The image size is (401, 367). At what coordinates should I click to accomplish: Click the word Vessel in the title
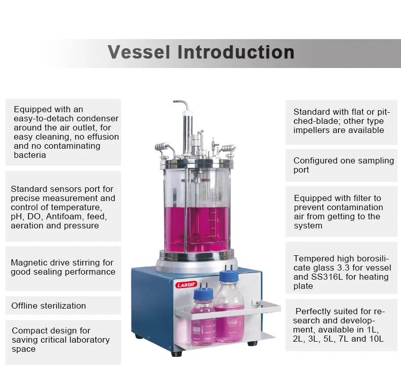(x=140, y=52)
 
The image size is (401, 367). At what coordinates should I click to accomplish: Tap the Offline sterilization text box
(x=49, y=306)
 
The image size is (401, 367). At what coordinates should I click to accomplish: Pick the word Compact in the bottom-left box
(x=29, y=330)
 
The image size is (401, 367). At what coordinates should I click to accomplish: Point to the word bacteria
(x=30, y=155)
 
